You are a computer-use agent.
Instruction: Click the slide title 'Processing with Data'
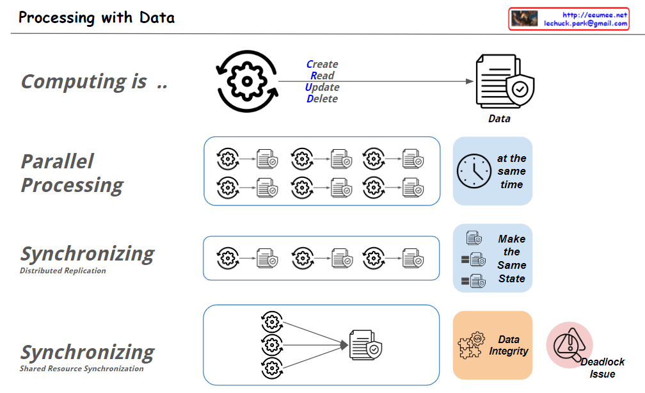(97, 17)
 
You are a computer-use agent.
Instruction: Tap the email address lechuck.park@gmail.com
(585, 23)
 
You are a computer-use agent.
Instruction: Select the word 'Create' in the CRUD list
(322, 64)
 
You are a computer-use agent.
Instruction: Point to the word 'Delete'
(322, 99)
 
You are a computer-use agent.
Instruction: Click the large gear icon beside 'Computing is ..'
(246, 81)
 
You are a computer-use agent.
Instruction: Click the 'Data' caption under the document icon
(499, 118)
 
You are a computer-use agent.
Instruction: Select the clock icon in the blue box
(474, 171)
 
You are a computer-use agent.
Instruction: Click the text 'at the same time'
(511, 171)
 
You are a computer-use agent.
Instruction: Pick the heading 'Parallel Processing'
(72, 173)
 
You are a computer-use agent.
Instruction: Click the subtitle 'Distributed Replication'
(63, 271)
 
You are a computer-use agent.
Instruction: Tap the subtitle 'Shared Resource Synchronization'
(81, 369)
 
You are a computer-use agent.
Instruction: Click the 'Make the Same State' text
(511, 259)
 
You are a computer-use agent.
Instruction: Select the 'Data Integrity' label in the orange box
(509, 345)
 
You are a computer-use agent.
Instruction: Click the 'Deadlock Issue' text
(602, 368)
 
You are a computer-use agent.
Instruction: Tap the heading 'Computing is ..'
(94, 81)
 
